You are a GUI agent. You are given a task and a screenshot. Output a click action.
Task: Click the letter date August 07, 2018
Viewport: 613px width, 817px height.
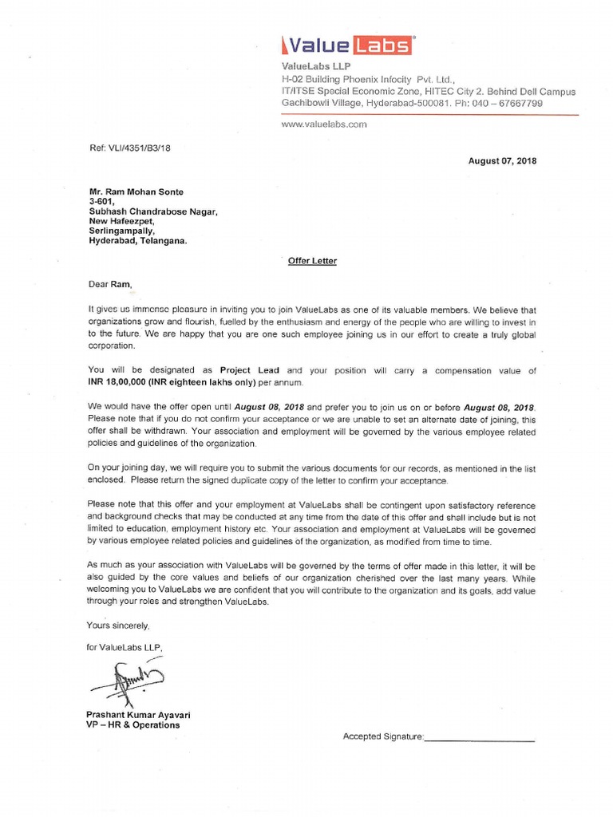502,160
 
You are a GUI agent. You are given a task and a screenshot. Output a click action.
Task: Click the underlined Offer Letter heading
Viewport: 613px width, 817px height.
312,261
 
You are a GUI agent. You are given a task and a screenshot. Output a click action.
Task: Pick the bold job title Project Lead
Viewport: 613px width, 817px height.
250,371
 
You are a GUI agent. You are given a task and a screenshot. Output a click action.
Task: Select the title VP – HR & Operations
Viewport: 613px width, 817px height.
134,725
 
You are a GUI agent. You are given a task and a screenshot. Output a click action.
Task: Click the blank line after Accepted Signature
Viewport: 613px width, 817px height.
479,737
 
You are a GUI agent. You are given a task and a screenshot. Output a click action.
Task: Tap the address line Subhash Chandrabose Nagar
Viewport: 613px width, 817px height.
152,211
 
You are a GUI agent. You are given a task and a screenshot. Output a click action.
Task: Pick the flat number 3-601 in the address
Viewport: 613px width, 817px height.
101,202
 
